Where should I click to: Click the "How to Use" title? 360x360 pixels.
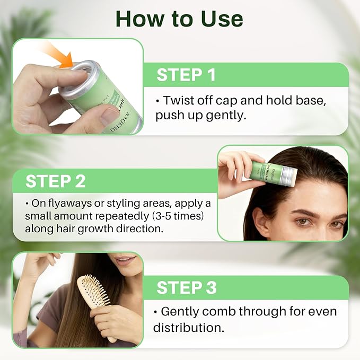pyautogui.click(x=179, y=19)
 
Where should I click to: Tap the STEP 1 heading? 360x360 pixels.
pyautogui.click(x=186, y=75)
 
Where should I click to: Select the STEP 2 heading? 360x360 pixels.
pyautogui.click(x=56, y=181)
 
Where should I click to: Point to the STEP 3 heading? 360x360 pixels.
pyautogui.click(x=187, y=287)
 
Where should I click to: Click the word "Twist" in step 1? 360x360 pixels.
pyautogui.click(x=179, y=100)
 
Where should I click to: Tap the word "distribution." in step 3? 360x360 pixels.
pyautogui.click(x=188, y=327)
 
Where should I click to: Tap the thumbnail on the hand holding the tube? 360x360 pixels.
pyautogui.click(x=110, y=116)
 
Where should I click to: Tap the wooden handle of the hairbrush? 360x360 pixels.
pyautogui.click(x=110, y=331)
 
